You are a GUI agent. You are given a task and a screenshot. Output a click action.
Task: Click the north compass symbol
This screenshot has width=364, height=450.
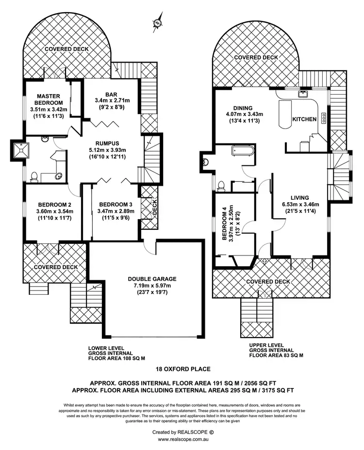(158, 22)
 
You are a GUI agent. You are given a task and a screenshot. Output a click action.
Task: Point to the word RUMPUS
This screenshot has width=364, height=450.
(108, 143)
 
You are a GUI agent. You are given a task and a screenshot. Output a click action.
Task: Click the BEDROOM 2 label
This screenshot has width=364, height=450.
(54, 204)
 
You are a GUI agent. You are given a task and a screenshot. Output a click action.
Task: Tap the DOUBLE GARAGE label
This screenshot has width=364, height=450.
(152, 279)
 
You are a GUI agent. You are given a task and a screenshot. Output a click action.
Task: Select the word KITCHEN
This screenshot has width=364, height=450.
(304, 119)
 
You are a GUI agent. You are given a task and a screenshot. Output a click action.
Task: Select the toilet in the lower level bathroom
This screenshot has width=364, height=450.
(34, 177)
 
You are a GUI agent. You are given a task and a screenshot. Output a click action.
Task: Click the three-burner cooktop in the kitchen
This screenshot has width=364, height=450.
(323, 119)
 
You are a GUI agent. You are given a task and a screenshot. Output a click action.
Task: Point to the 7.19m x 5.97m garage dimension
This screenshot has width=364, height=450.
(152, 286)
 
